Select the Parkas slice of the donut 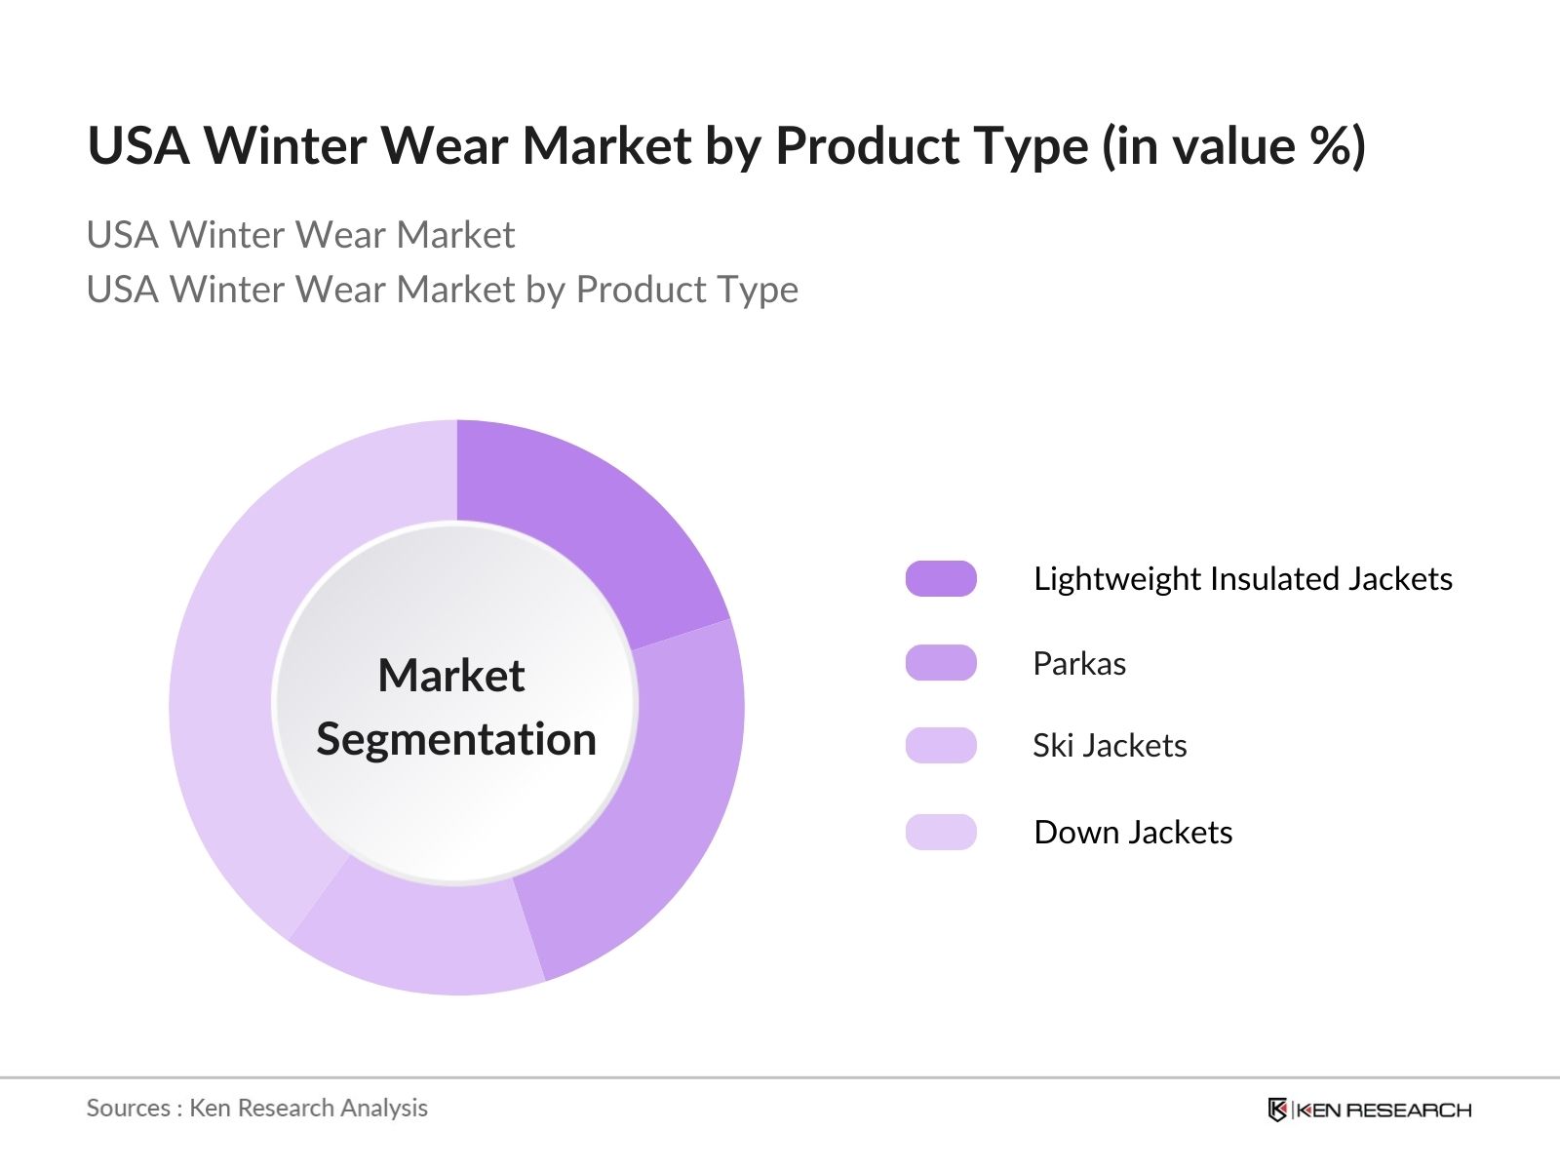[661, 802]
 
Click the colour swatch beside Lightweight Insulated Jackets [940, 578]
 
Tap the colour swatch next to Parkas [940, 663]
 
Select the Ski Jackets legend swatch [940, 745]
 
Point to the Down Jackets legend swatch [940, 832]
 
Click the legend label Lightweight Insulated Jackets [1243, 579]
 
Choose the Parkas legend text [1079, 664]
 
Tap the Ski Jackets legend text [1110, 746]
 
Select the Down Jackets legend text [1133, 833]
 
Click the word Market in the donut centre [451, 675]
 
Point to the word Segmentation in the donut [456, 740]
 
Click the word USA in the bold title [138, 145]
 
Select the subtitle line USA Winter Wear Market [300, 235]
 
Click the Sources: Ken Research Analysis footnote [257, 1109]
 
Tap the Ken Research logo [1369, 1109]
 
